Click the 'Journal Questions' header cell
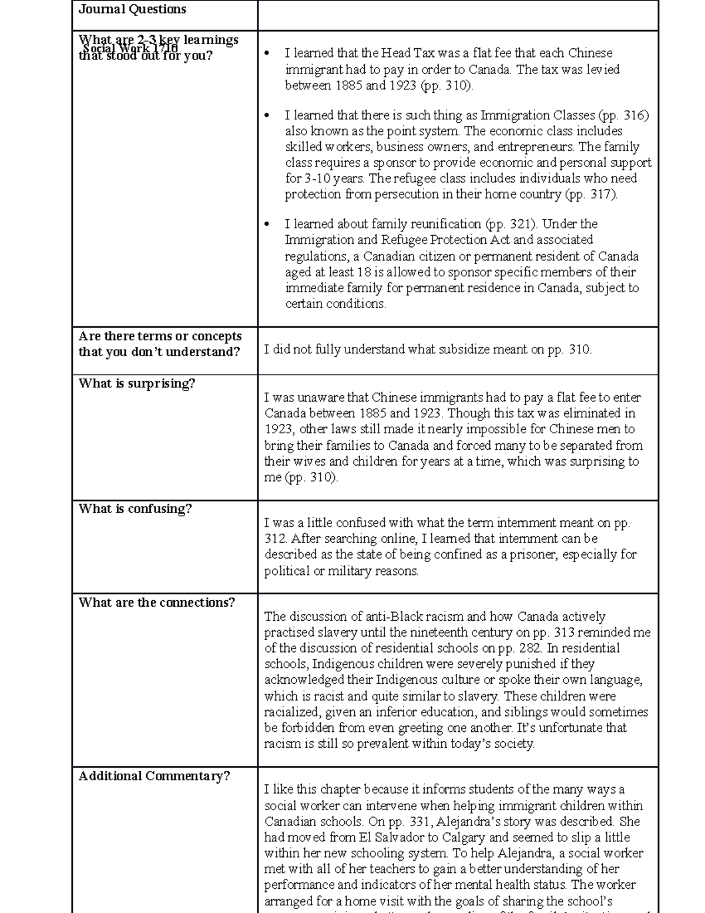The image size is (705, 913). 132,9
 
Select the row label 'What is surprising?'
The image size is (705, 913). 136,383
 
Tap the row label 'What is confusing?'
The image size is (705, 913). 135,509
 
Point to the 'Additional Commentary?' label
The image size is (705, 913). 154,776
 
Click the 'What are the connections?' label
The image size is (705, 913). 156,603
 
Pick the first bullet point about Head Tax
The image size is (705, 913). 267,53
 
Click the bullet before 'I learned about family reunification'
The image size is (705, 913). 267,224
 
